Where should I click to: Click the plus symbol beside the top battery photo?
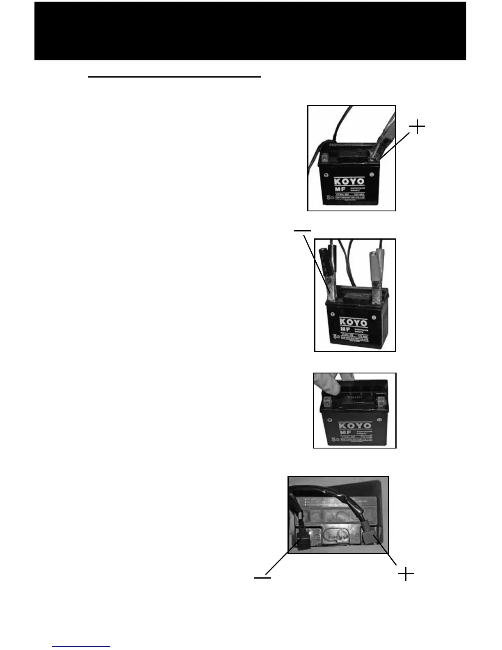click(417, 127)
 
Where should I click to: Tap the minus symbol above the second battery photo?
click(302, 230)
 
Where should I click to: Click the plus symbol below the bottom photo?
click(405, 574)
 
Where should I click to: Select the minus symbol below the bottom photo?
click(262, 578)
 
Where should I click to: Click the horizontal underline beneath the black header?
click(175, 76)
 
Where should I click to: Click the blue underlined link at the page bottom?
click(81, 646)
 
